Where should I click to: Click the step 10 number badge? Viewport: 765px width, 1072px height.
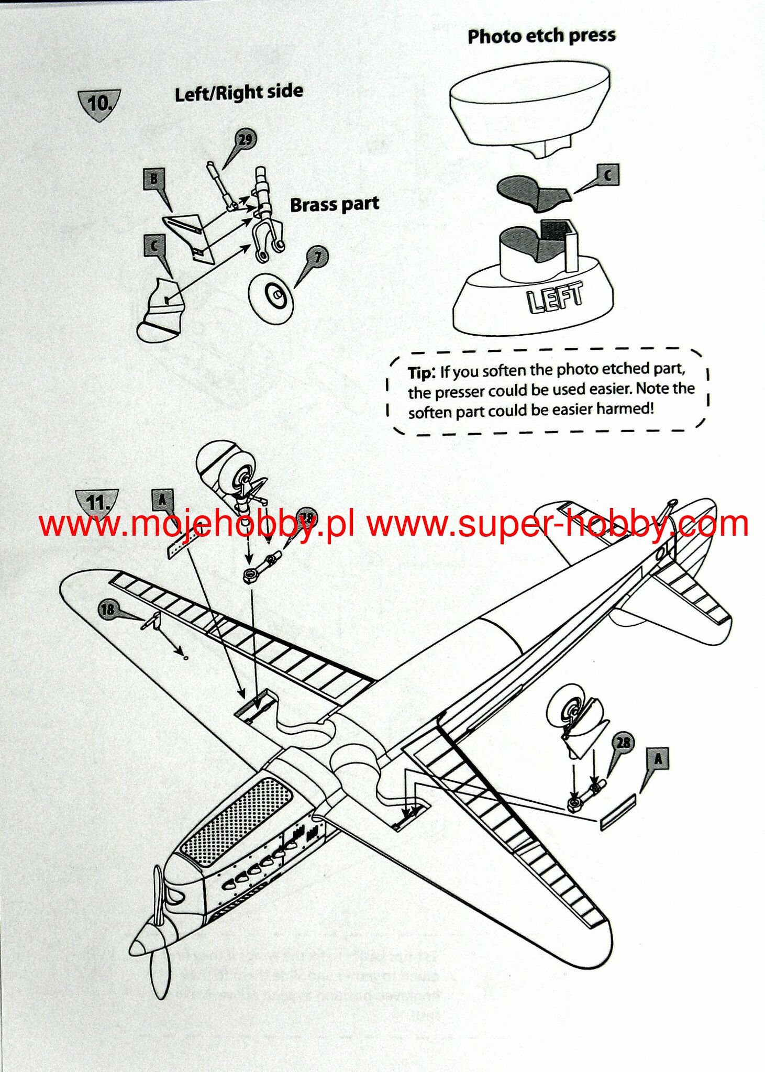pos(99,103)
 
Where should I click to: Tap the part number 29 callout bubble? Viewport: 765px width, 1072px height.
pos(245,140)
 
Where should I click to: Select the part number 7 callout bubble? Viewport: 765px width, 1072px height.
pos(318,257)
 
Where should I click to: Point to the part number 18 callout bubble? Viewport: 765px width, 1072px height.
pos(107,609)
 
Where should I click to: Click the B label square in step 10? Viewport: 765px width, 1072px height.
pos(154,179)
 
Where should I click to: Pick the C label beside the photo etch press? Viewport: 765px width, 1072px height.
pos(607,175)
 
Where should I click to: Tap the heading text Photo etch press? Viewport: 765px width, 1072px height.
pos(541,36)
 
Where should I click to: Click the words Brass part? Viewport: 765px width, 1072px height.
pos(335,204)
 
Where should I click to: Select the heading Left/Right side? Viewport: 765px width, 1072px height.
pos(239,93)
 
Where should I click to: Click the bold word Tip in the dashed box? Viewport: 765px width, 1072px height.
pos(420,373)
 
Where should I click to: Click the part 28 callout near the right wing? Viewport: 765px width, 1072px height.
pos(623,743)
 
